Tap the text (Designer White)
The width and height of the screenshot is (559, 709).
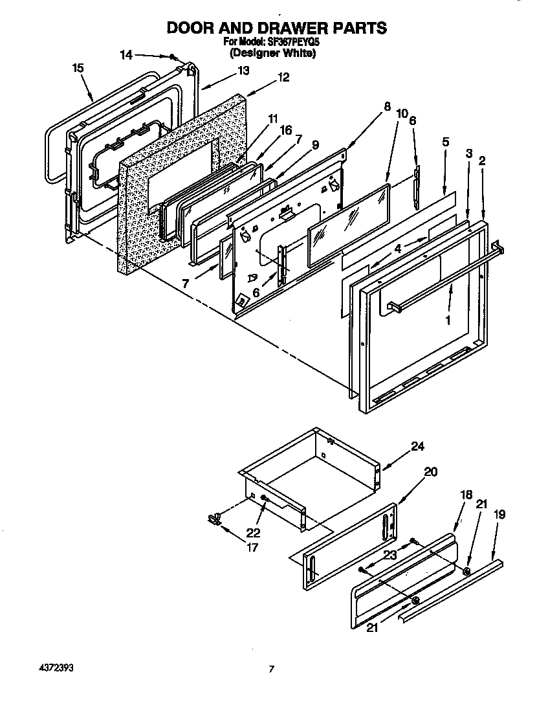coord(272,54)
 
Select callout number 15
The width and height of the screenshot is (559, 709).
coord(78,67)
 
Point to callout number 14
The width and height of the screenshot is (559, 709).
coord(127,55)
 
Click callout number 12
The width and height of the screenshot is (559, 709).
coord(283,76)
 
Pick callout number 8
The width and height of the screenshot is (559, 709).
coord(387,107)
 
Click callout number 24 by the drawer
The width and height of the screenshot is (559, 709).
coord(418,446)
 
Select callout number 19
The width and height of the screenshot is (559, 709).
coord(500,515)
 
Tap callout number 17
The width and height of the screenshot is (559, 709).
coord(251,547)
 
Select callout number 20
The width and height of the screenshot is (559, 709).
coord(430,472)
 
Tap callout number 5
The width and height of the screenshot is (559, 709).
coord(446,141)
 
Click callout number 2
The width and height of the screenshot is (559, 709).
coord(482,161)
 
